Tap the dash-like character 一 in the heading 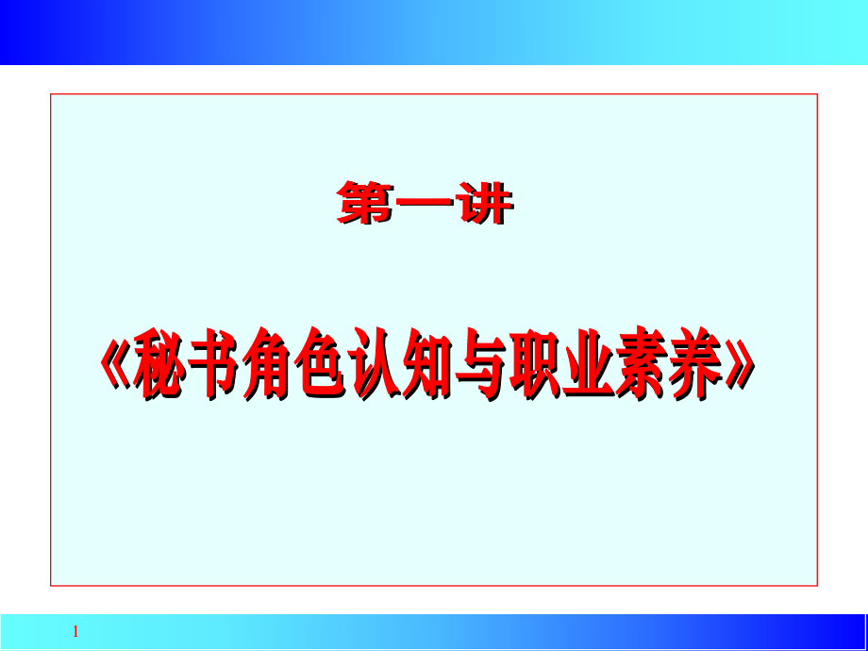pos(425,206)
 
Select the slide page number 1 pos(76,632)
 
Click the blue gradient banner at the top pos(434,32)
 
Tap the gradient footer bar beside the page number pos(472,631)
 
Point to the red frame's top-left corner pos(51,94)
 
